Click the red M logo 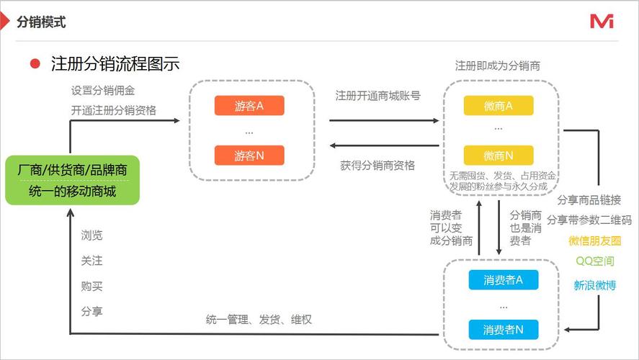coord(602,22)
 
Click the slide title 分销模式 coord(42,22)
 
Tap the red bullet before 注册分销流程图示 coord(35,63)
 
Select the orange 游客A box coord(249,106)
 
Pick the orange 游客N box coord(249,155)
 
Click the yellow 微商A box coord(499,106)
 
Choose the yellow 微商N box coord(499,155)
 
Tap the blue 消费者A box coord(503,279)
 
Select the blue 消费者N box coord(503,330)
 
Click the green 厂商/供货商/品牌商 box coord(72,180)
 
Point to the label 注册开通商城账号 coord(378,95)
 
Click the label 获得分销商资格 coord(378,165)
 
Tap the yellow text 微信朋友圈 coord(594,240)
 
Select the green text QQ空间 coord(594,261)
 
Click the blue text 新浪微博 coord(594,284)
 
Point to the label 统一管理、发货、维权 coord(259,319)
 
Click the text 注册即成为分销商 coord(498,66)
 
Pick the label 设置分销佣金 coord(102,91)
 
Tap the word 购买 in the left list coord(91,286)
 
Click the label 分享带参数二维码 coord(589,220)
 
